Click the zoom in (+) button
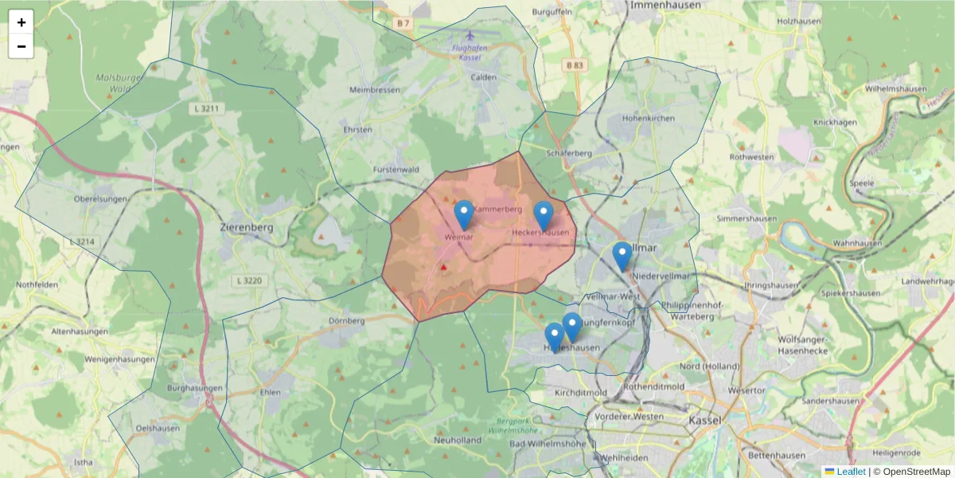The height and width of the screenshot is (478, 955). coord(21,22)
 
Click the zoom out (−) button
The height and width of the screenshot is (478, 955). coord(21,46)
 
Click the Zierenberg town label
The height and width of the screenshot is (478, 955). coord(246,227)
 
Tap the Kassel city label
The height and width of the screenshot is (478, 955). coord(704,420)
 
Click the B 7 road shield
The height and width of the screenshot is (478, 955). coord(403,23)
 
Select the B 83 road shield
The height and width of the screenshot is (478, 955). coord(575,65)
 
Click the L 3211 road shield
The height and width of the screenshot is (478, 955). coord(207,107)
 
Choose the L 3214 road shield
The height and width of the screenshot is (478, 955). coord(82,241)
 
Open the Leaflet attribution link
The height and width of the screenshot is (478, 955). coord(851,472)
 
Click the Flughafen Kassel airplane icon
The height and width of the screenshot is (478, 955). coord(470,36)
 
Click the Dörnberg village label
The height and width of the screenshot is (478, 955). coord(346,321)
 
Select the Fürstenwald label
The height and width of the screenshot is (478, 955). coord(396,170)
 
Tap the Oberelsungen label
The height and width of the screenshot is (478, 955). coord(100,198)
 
